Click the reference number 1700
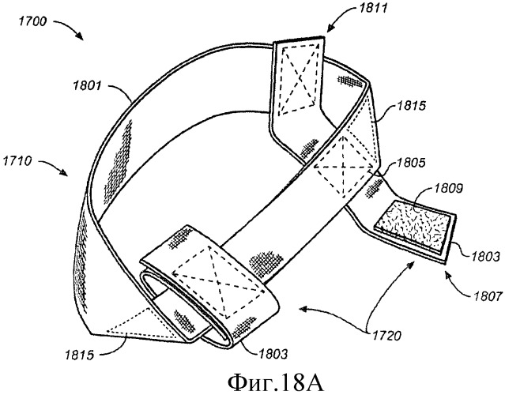33,21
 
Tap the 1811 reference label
373,8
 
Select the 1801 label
88,86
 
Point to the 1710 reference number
17,160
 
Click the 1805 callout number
411,163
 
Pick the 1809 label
448,188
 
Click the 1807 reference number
488,295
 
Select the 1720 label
386,336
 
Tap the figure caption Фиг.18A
275,383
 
